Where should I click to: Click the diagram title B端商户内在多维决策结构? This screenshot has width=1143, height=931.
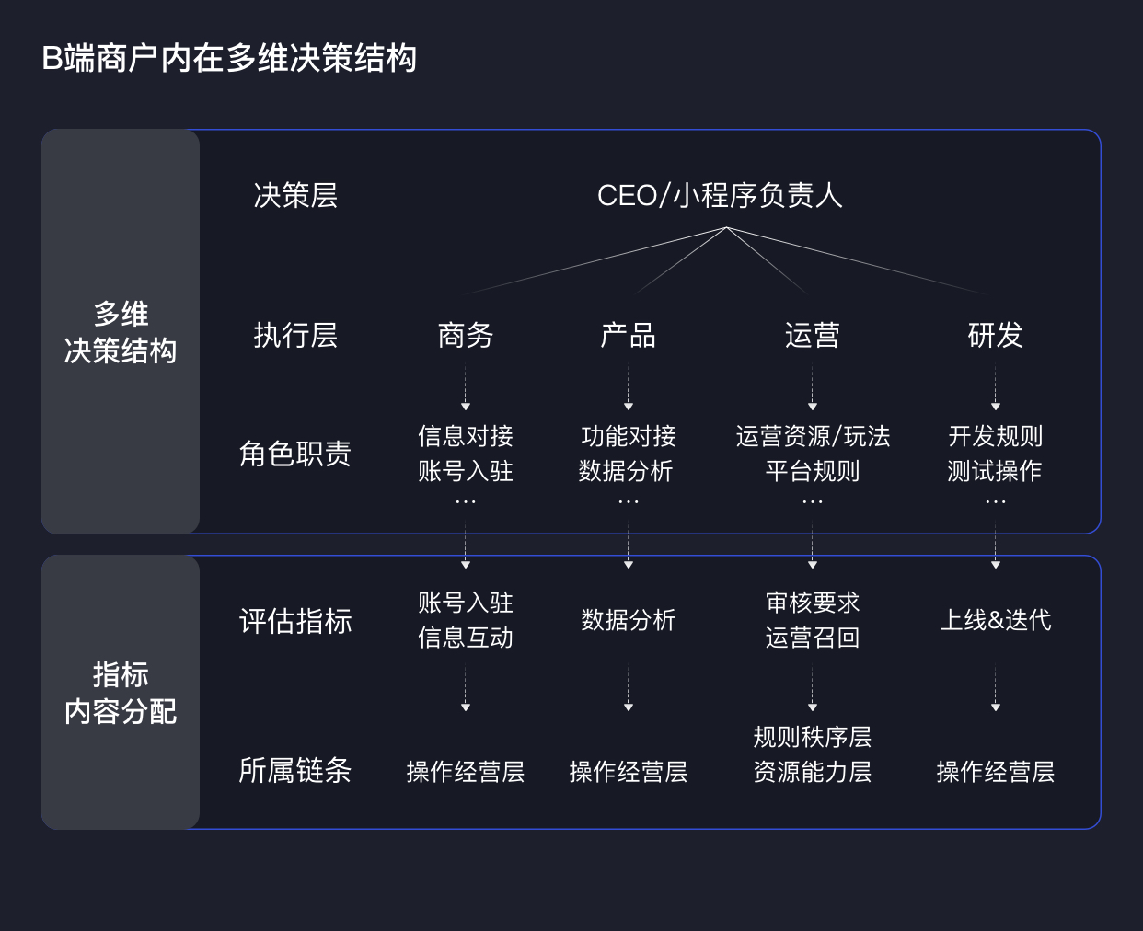click(x=229, y=58)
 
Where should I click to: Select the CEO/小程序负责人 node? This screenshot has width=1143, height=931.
click(x=721, y=195)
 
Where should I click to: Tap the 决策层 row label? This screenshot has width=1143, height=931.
click(x=295, y=195)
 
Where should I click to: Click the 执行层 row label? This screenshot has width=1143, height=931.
click(x=295, y=336)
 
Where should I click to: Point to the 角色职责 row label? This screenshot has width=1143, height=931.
click(x=295, y=454)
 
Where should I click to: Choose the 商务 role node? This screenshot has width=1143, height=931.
click(x=466, y=336)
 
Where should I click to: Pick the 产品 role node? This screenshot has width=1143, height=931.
click(x=628, y=336)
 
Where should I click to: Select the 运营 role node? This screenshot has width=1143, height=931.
click(x=812, y=336)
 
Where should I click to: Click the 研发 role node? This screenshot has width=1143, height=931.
click(x=996, y=336)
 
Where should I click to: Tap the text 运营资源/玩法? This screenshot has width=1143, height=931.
click(x=813, y=436)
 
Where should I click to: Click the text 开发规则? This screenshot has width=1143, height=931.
click(x=996, y=436)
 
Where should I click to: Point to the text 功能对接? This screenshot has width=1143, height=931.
click(x=629, y=436)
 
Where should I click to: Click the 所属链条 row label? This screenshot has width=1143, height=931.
click(x=295, y=771)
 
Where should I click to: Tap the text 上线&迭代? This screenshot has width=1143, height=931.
click(x=996, y=620)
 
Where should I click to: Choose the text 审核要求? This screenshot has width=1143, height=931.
click(x=813, y=603)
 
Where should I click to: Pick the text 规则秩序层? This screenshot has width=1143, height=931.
click(x=813, y=737)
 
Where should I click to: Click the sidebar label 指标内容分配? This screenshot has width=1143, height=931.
click(x=121, y=693)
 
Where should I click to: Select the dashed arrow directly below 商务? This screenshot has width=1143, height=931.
click(x=466, y=386)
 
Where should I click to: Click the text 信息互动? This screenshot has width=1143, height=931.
click(x=466, y=638)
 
